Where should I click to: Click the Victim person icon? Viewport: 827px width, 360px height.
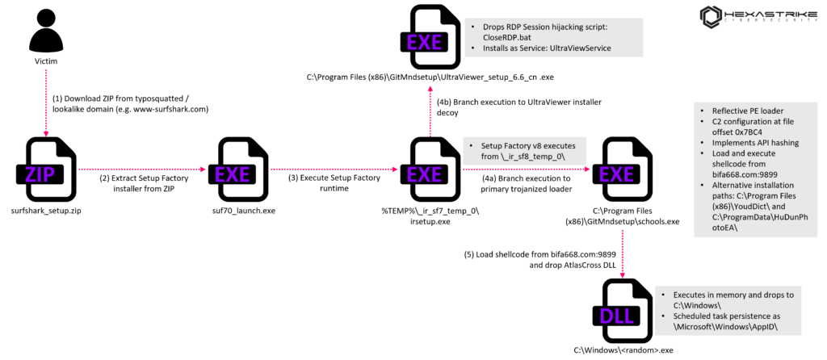[45, 31]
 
